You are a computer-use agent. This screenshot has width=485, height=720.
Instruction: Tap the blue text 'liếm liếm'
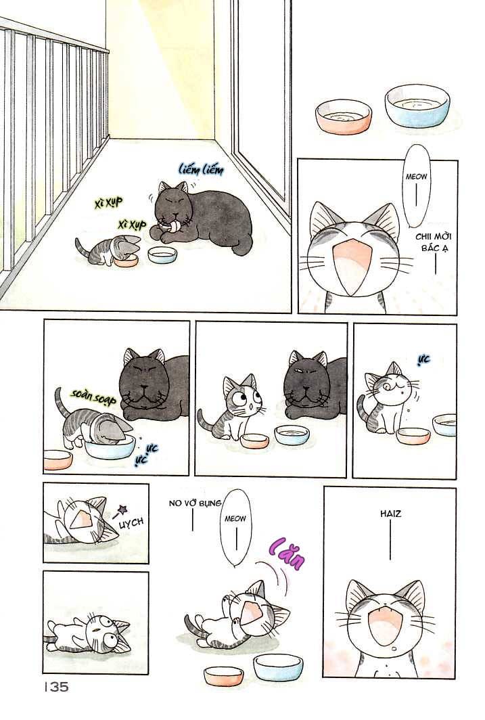tap(201, 168)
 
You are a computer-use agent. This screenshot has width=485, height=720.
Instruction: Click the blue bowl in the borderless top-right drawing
tap(417, 106)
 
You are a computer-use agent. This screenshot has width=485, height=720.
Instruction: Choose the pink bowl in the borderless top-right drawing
tap(343, 115)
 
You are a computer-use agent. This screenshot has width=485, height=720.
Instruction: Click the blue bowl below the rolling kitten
tap(277, 667)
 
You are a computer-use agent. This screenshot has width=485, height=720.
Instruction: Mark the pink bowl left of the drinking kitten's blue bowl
tap(58, 459)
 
